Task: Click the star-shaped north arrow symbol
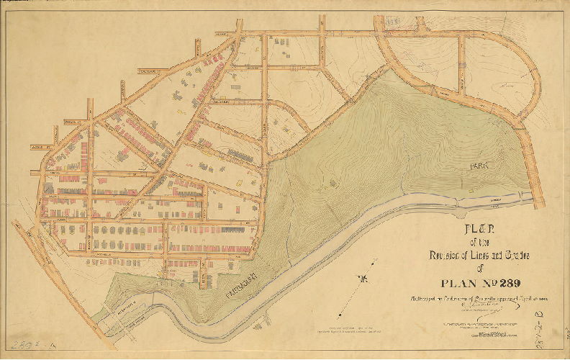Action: [x=368, y=278]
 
